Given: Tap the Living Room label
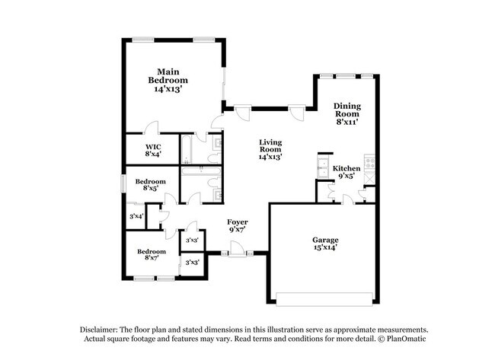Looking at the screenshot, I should click(x=270, y=146).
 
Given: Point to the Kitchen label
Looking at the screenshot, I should click(x=346, y=167).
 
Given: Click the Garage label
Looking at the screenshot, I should click(x=324, y=240).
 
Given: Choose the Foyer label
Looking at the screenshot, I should click(x=238, y=222).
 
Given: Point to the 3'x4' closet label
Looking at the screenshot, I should click(x=136, y=217).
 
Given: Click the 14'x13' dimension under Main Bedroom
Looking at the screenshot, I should click(x=168, y=89).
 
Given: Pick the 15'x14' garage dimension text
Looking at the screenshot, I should click(x=324, y=247).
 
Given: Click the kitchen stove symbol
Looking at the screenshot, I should click(x=370, y=161).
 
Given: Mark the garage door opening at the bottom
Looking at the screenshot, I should click(x=324, y=296).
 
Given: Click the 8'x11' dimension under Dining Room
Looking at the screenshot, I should click(x=346, y=122).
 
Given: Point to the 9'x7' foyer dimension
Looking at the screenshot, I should click(x=238, y=230).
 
